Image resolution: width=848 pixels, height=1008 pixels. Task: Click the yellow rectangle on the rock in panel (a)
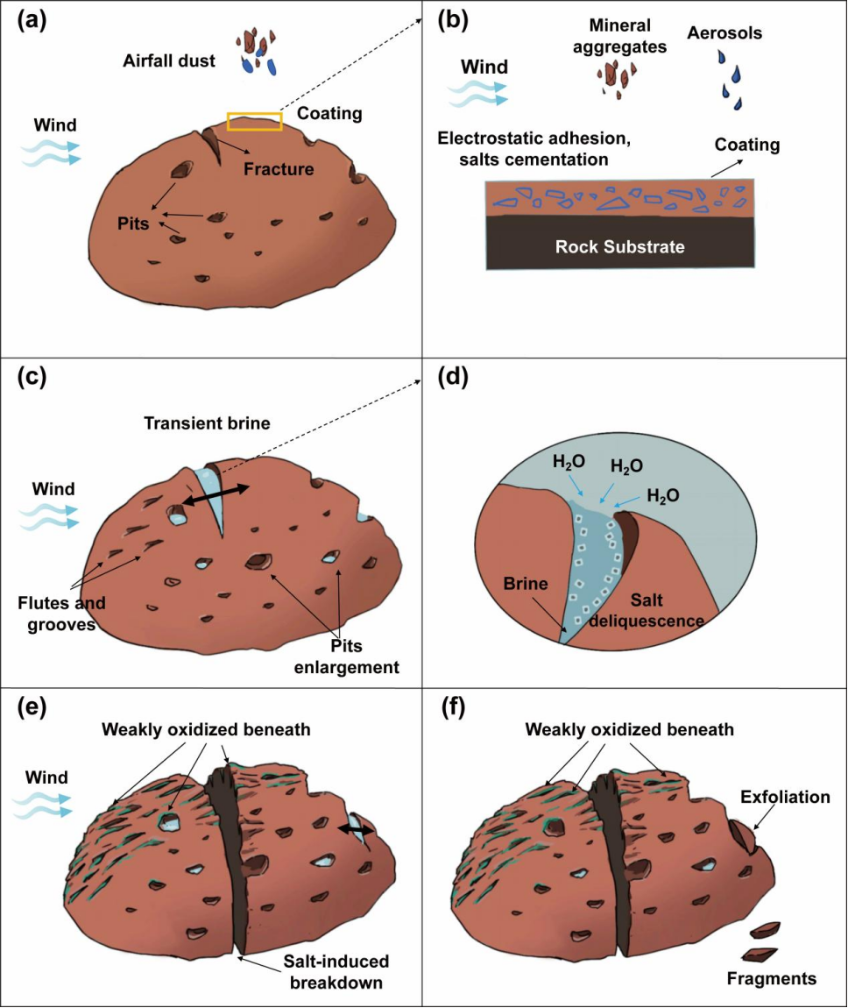tap(254, 121)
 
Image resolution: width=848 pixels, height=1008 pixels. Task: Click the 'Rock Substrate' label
tap(619, 247)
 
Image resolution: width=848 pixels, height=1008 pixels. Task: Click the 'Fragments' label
tap(772, 977)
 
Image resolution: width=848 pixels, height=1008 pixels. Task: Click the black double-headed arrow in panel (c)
tap(215, 494)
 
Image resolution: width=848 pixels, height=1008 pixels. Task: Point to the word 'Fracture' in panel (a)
tap(279, 169)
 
